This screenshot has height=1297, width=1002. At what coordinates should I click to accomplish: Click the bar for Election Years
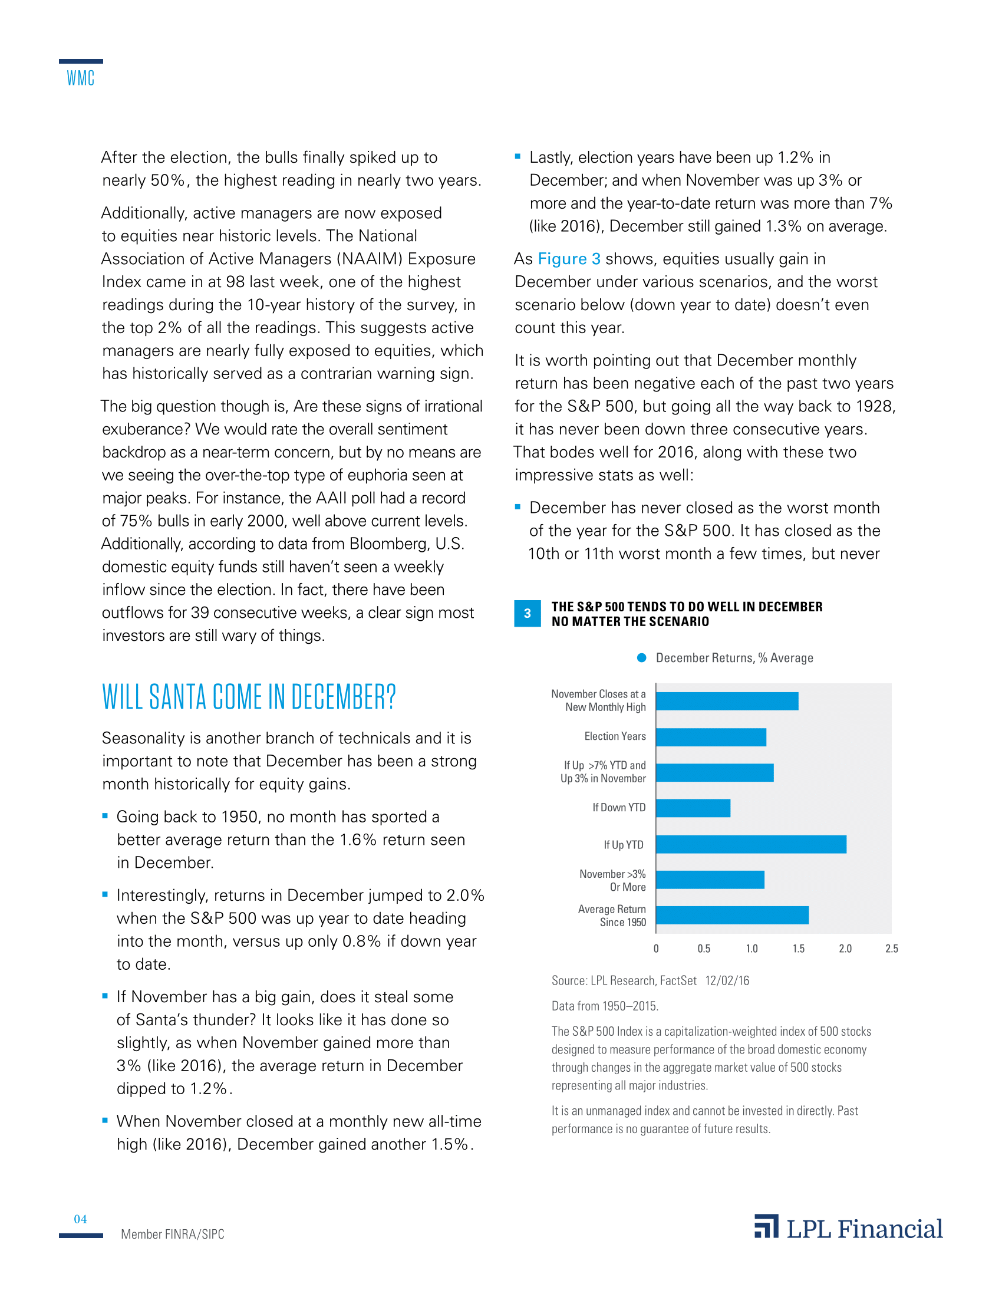tap(711, 737)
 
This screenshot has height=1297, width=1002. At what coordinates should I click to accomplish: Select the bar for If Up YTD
tap(751, 844)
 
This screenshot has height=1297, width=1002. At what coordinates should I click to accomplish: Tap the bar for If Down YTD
tap(693, 808)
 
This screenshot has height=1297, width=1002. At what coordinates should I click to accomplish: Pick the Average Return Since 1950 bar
tap(732, 915)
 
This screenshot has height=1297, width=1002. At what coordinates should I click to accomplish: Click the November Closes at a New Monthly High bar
tap(727, 701)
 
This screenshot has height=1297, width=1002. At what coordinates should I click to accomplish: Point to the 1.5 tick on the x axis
tap(799, 949)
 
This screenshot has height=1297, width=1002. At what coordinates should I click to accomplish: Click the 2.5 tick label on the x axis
tap(891, 949)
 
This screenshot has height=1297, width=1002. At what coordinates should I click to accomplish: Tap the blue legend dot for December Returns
tap(641, 657)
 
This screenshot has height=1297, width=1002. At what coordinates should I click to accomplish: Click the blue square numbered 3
tap(527, 614)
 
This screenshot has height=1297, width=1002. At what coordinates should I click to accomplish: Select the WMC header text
tap(81, 78)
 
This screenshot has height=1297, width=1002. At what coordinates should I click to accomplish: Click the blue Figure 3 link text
tap(569, 259)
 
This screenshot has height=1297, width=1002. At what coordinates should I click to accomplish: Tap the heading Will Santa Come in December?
tap(249, 697)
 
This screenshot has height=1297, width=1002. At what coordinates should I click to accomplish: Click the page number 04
tap(80, 1219)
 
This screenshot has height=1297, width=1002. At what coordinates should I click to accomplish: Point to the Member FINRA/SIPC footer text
tap(172, 1234)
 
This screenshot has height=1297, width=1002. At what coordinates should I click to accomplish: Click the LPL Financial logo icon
tap(766, 1226)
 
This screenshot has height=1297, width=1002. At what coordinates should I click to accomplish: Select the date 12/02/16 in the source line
tap(727, 980)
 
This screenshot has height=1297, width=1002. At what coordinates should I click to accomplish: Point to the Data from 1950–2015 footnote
tap(604, 1006)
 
